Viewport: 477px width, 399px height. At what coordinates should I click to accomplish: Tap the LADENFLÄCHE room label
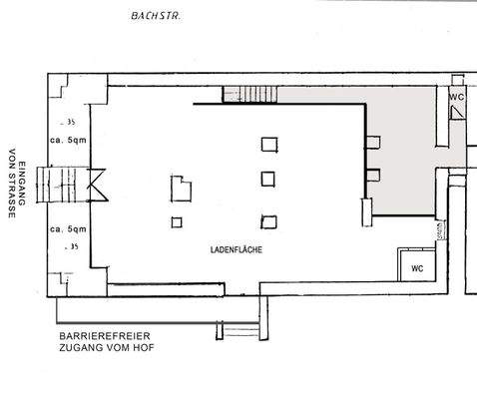(236, 248)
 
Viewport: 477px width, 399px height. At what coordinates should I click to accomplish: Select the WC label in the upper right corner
(456, 97)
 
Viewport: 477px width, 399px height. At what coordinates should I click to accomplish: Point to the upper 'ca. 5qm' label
(69, 140)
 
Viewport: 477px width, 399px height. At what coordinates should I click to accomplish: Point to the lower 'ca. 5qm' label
(69, 227)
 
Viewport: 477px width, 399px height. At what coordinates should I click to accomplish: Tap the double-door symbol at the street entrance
(98, 183)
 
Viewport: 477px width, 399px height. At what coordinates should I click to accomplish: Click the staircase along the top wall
(255, 95)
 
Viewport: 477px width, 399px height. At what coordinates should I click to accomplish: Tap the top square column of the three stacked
(268, 144)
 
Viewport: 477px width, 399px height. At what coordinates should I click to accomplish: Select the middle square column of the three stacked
(268, 180)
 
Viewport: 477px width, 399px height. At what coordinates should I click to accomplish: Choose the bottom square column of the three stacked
(268, 220)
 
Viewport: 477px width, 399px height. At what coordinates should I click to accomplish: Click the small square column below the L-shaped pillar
(177, 222)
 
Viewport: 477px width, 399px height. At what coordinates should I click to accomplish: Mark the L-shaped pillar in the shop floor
(181, 187)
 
